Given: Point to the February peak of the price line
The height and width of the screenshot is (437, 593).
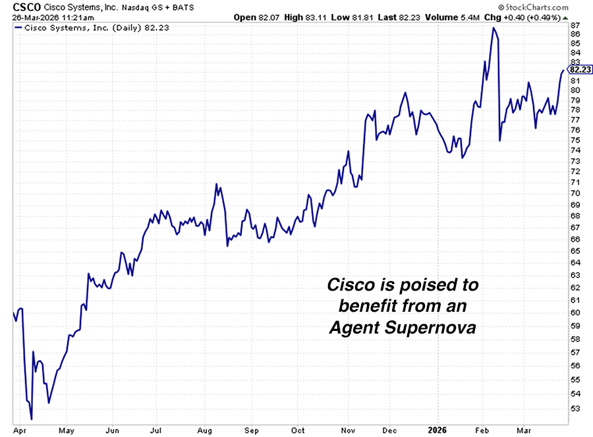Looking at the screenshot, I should pyautogui.click(x=492, y=28).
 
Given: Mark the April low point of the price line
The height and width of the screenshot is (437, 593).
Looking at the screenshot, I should pyautogui.click(x=32, y=418).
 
